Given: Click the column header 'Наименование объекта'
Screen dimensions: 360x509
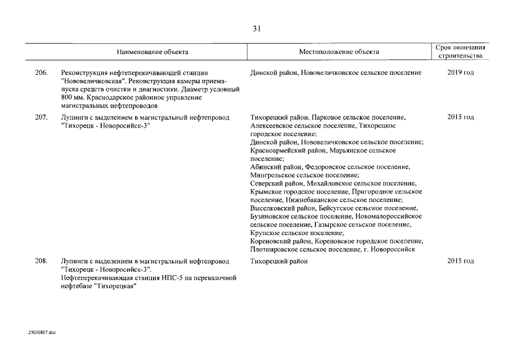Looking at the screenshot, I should point(152,52).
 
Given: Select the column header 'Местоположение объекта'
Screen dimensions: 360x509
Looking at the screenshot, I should point(339,52).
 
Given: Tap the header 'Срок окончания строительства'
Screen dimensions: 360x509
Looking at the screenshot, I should point(461,52).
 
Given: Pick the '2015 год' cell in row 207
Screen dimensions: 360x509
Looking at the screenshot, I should point(461,117).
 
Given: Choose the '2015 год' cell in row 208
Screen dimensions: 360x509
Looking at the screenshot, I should point(461,262).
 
